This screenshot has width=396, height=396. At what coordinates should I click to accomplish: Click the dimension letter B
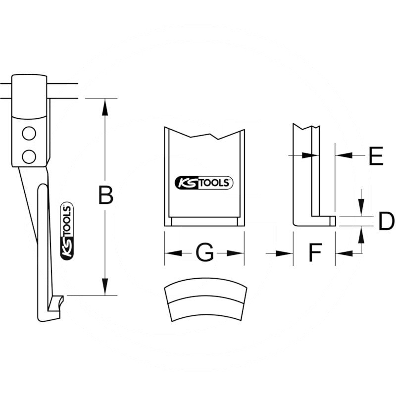[105, 195]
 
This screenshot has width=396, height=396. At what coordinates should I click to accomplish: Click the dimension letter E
[376, 156]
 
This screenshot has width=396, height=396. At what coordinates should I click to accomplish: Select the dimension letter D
[386, 221]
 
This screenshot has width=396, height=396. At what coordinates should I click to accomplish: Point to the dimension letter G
[204, 253]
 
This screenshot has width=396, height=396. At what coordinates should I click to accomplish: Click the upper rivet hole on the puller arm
[29, 134]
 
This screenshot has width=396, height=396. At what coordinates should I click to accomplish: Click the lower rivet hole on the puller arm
[29, 156]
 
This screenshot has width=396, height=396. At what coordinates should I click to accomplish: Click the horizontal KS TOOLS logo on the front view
[203, 183]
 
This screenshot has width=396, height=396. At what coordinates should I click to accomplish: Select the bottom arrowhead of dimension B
[104, 287]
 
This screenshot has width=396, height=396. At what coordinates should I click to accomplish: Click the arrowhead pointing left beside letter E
[344, 155]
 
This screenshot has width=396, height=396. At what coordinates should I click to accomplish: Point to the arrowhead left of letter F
[285, 253]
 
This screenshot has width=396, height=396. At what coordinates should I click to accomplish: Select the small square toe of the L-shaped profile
[333, 220]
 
